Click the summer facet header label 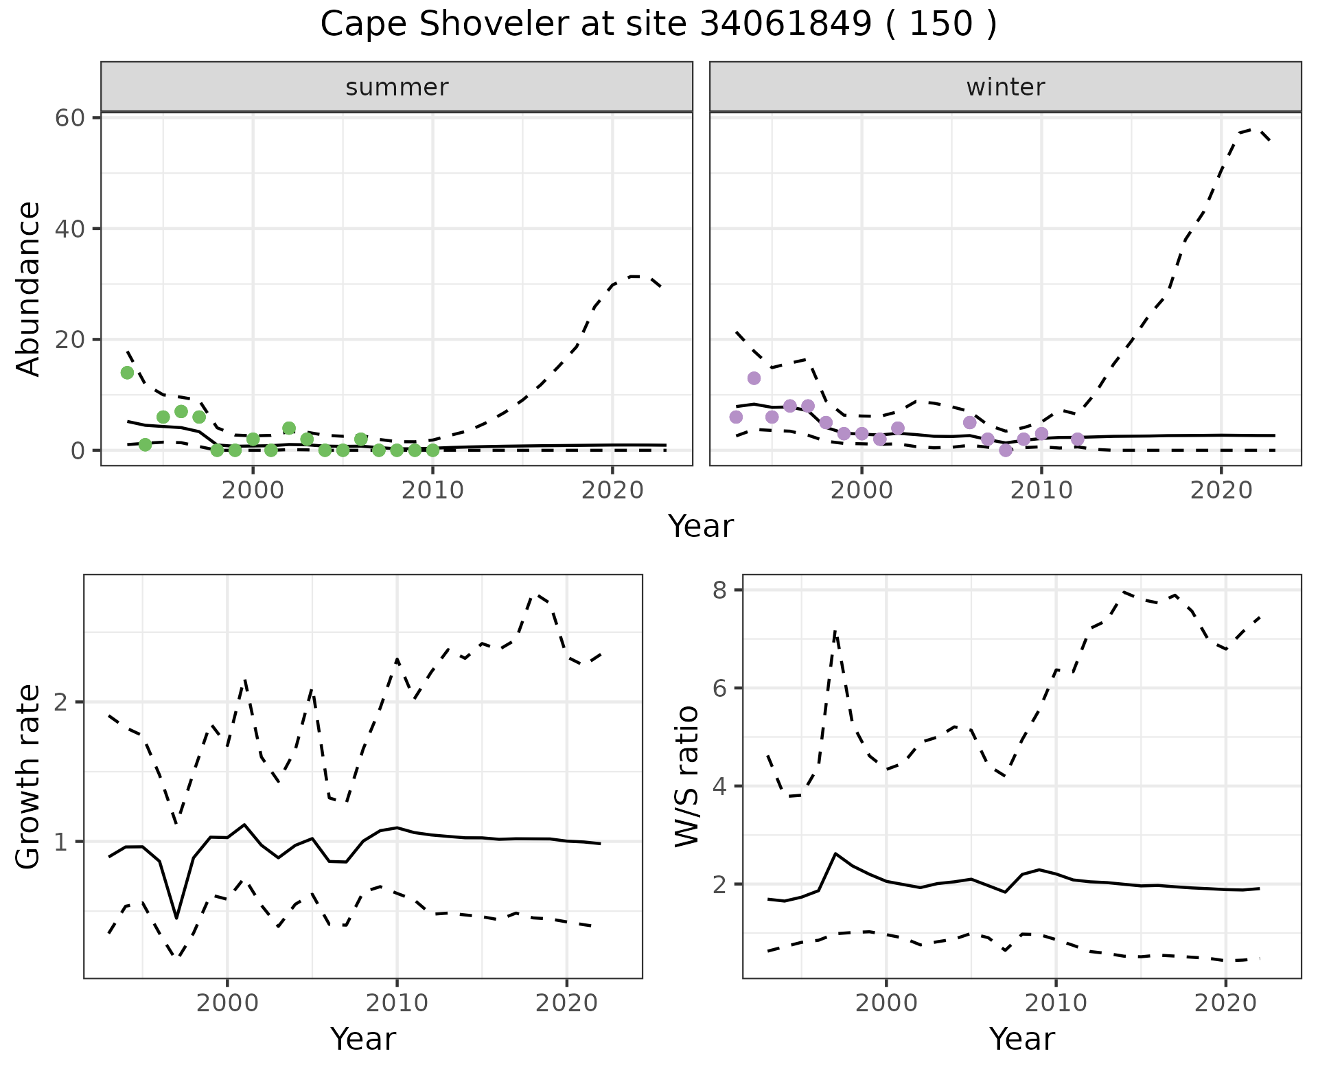click(x=397, y=87)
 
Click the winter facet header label click(x=1005, y=87)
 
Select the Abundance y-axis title click(x=28, y=288)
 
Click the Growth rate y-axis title click(x=28, y=776)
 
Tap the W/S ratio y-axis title click(x=686, y=776)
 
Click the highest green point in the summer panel click(x=127, y=373)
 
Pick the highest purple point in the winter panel click(x=754, y=378)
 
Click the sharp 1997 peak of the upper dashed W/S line click(x=835, y=630)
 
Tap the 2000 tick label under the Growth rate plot click(x=227, y=1003)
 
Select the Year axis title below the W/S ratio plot click(x=1021, y=1039)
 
